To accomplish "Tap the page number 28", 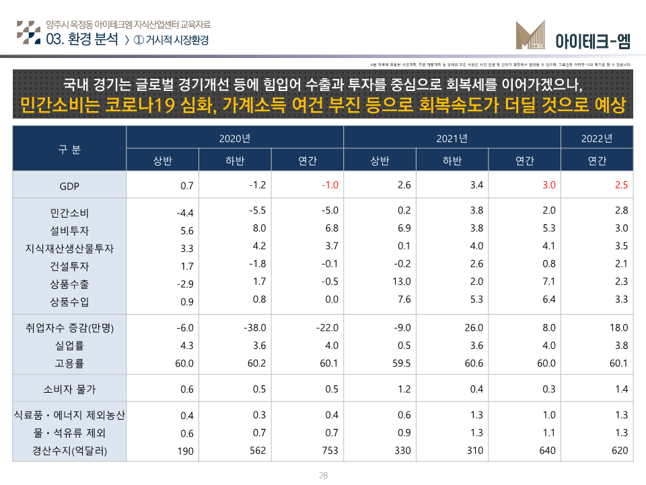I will point(323,476).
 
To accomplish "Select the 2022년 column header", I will point(597,139).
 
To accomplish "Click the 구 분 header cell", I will point(69,150).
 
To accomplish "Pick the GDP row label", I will point(69,186).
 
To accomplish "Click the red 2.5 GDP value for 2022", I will point(621,185).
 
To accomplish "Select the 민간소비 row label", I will point(69,214).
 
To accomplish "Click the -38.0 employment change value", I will point(255,327).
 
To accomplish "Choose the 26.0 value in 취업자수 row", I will point(473,327).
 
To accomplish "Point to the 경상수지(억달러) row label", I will point(69,451).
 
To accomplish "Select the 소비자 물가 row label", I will point(69,389).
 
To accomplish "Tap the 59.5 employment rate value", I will point(400,363).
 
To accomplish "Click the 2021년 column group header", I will point(452,139).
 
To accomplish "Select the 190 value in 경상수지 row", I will point(185,451).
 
